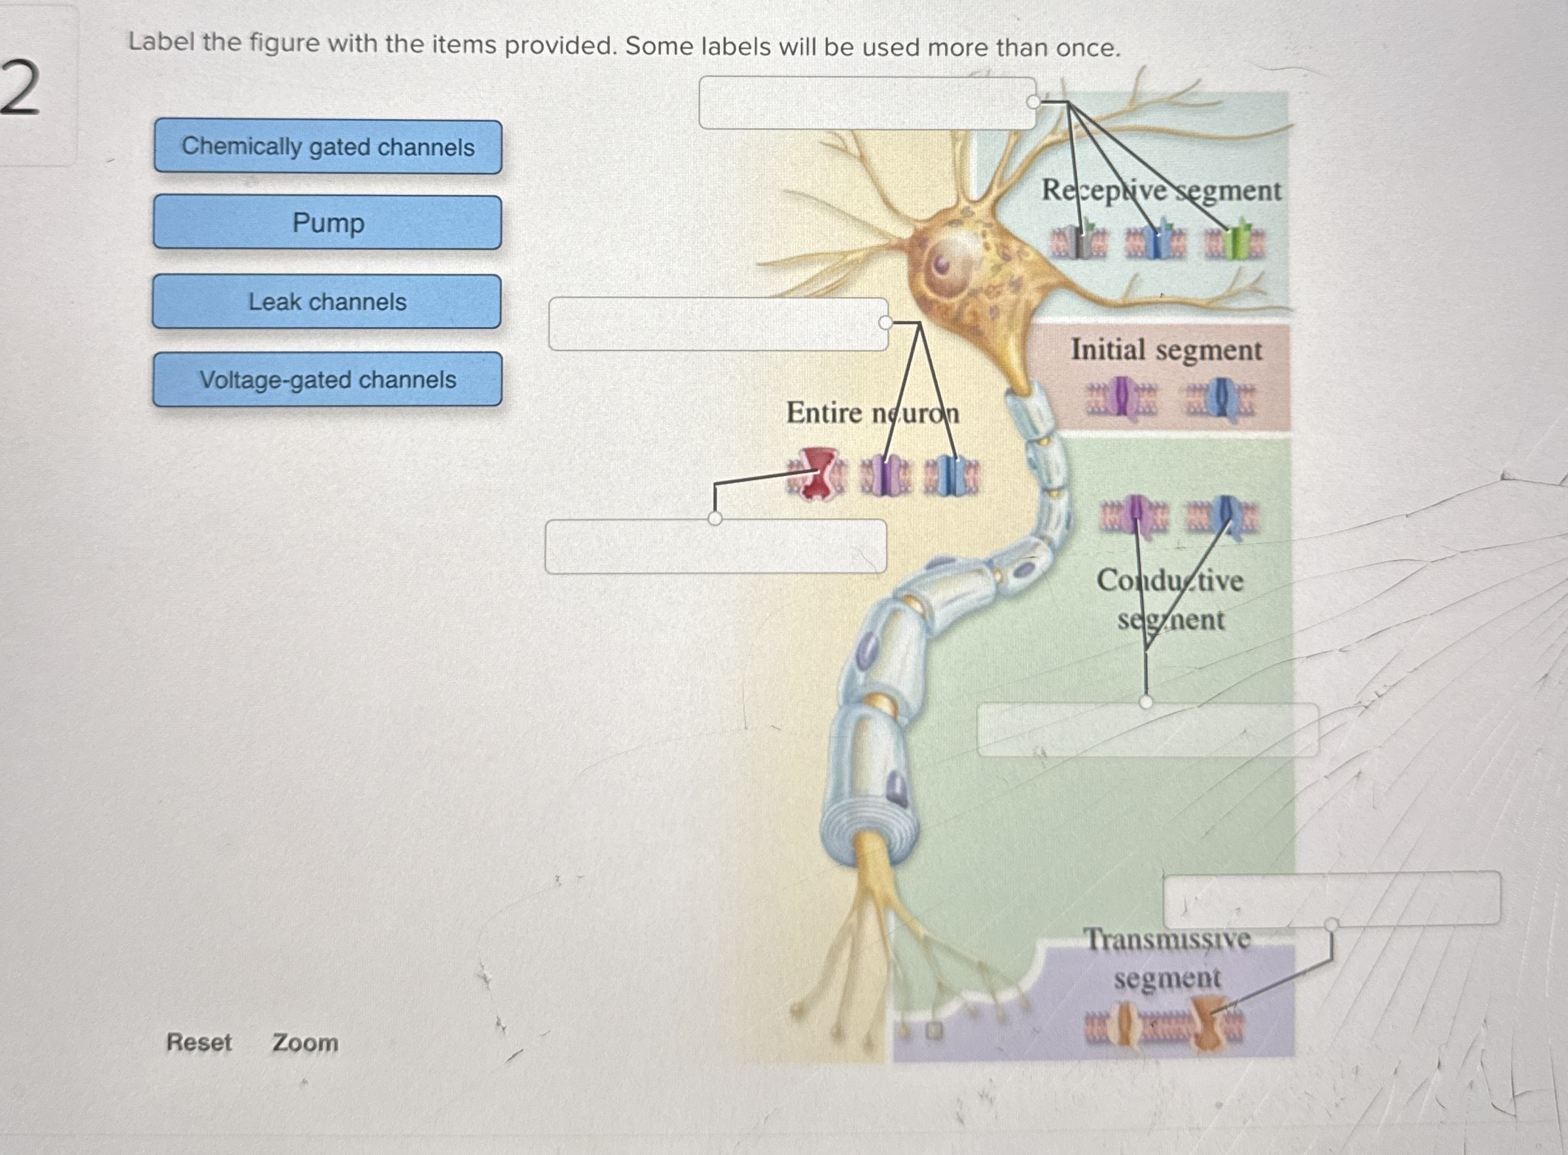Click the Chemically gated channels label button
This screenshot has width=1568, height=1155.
click(327, 147)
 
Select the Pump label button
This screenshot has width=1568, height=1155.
click(327, 222)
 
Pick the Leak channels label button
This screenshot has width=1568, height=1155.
click(327, 302)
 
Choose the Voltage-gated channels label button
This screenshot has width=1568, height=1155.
click(327, 379)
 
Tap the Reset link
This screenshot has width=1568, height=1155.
click(199, 1043)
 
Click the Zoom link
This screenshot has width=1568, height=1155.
click(305, 1043)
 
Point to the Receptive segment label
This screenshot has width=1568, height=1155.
click(1161, 191)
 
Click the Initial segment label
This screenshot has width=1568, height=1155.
click(1166, 350)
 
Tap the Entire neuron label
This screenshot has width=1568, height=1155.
click(872, 413)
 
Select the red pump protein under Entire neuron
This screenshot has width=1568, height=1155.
click(814, 474)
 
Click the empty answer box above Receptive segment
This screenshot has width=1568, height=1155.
click(866, 103)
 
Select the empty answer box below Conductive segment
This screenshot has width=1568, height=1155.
click(1147, 730)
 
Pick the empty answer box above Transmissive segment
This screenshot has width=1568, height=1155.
click(1331, 899)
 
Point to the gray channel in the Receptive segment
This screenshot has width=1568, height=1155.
click(1081, 241)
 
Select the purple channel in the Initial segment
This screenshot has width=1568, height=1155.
click(1121, 398)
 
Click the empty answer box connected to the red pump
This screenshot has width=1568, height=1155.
click(715, 546)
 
